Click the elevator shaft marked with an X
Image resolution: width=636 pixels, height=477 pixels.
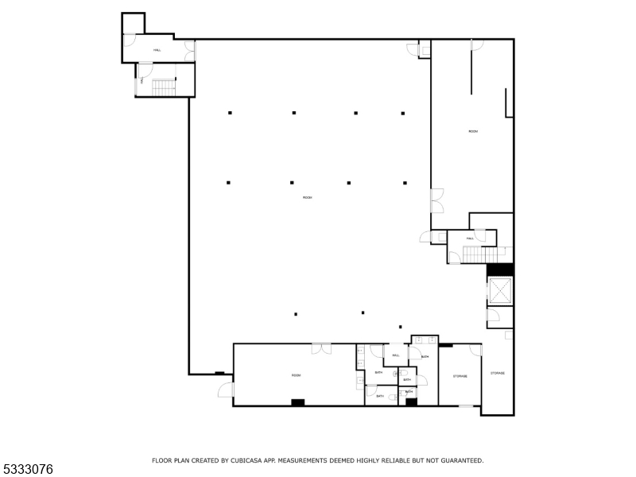pyautogui.click(x=500, y=292)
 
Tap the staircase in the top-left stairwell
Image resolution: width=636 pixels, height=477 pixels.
pyautogui.click(x=164, y=85)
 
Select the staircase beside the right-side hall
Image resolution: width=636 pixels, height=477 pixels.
pyautogui.click(x=475, y=254)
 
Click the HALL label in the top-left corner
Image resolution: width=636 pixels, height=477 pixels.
pyautogui.click(x=157, y=50)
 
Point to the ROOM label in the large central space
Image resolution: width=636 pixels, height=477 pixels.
pyautogui.click(x=307, y=197)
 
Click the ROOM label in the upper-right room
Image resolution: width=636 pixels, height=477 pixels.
pyautogui.click(x=473, y=131)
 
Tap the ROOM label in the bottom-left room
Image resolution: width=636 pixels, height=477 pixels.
pyautogui.click(x=296, y=375)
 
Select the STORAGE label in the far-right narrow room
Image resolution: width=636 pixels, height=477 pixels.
pyautogui.click(x=498, y=373)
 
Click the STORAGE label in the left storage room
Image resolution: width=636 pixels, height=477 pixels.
pyautogui.click(x=460, y=376)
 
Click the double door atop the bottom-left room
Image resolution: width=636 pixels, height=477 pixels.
pyautogui.click(x=321, y=348)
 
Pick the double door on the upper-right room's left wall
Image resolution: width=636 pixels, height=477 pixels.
pyautogui.click(x=436, y=200)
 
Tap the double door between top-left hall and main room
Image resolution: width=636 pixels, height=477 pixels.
pyautogui.click(x=190, y=51)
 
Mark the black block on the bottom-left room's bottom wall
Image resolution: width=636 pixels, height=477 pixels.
pyautogui.click(x=298, y=402)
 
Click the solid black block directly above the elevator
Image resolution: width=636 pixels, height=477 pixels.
pyautogui.click(x=500, y=270)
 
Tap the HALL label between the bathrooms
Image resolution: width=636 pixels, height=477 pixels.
pyautogui.click(x=395, y=356)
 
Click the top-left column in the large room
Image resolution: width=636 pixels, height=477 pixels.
pyautogui.click(x=230, y=113)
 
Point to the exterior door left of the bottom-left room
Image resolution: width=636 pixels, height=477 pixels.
pyautogui.click(x=226, y=390)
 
